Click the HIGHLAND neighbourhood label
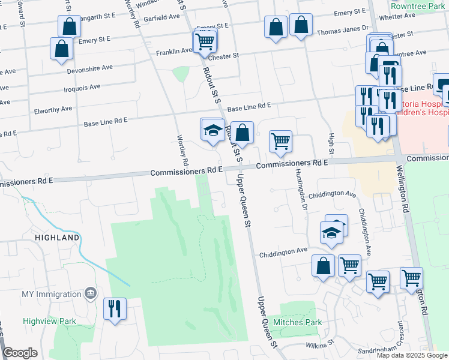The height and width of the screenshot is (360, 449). point(57,238)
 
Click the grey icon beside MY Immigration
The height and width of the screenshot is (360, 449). point(90,293)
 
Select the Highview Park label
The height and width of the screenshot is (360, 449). point(49,321)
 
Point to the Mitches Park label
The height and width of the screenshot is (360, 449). point(297,322)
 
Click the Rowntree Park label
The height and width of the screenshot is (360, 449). point(416,5)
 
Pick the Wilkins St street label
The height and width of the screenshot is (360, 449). point(318,344)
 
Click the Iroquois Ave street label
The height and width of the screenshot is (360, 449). point(82,88)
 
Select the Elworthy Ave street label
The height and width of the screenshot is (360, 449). point(53,109)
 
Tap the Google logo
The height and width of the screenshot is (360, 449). point(20,353)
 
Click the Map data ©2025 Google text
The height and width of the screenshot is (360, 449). point(411,355)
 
